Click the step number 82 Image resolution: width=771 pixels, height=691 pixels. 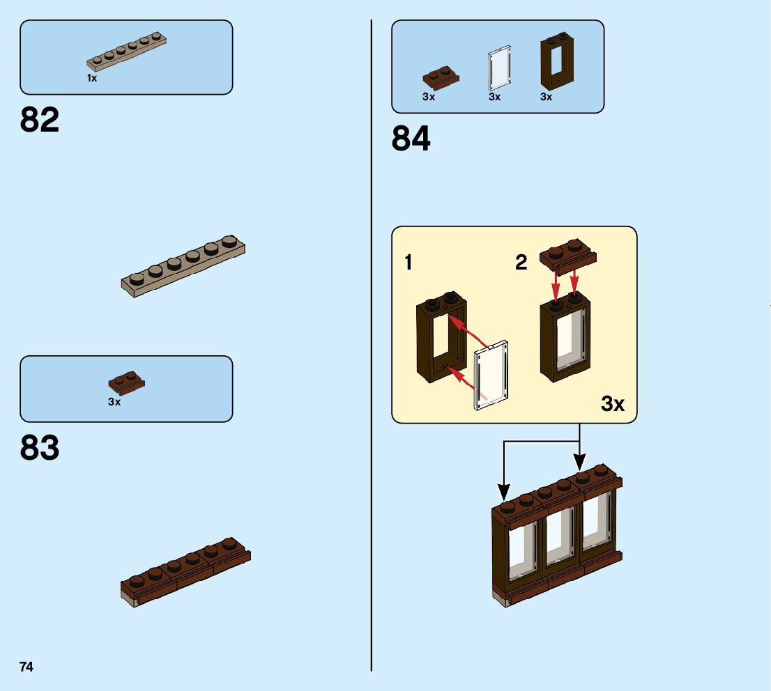tap(40, 120)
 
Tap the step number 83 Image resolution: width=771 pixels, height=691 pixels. tap(40, 449)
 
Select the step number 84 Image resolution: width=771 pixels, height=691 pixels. tap(411, 139)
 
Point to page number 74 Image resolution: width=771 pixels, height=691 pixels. tap(26, 667)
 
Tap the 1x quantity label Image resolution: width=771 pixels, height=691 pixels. tap(92, 79)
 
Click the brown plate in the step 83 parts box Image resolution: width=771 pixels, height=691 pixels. tap(126, 382)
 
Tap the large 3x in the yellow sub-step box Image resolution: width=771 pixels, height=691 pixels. tap(613, 404)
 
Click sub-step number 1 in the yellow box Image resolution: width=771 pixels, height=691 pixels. tap(409, 263)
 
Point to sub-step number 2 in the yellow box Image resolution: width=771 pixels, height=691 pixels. tap(521, 263)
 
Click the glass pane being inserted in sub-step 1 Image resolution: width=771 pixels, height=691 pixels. tap(493, 374)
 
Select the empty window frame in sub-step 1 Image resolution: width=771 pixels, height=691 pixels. tap(441, 341)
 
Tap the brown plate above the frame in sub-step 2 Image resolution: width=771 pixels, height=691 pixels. tap(568, 254)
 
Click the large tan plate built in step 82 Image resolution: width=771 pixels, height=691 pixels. tap(183, 267)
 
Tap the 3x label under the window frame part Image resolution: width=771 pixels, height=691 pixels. tap(546, 97)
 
